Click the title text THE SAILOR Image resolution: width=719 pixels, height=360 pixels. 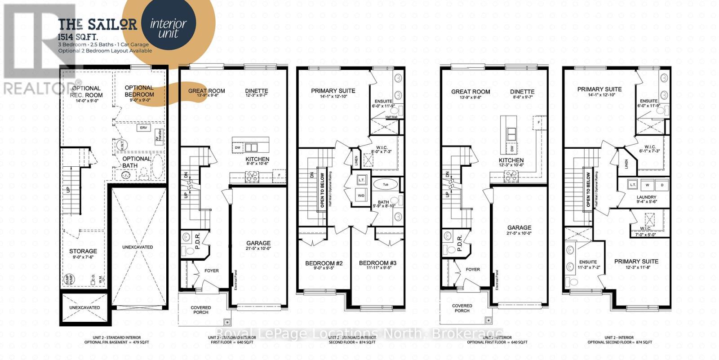pyautogui.click(x=98, y=24)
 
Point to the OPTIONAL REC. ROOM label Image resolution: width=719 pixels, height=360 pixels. pyautogui.click(x=86, y=92)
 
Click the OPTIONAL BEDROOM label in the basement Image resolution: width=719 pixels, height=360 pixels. pyautogui.click(x=139, y=91)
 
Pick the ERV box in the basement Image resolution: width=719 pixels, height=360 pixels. pyautogui.click(x=143, y=128)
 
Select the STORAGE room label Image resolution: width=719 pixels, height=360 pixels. pyautogui.click(x=83, y=251)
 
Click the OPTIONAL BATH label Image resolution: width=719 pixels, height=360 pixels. pyautogui.click(x=136, y=162)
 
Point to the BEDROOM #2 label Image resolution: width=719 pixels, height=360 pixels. pyautogui.click(x=324, y=263)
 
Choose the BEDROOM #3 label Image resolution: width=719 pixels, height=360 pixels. pyautogui.click(x=377, y=263)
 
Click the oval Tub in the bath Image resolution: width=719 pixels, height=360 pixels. pyautogui.click(x=386, y=184)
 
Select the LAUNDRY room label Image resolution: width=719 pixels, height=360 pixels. pyautogui.click(x=646, y=197)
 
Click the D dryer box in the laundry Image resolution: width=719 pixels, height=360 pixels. pyautogui.click(x=661, y=185)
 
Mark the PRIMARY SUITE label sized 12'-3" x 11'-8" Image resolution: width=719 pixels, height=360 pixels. pyautogui.click(x=636, y=262)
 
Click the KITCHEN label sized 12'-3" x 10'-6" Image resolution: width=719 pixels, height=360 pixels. pyautogui.click(x=511, y=160)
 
